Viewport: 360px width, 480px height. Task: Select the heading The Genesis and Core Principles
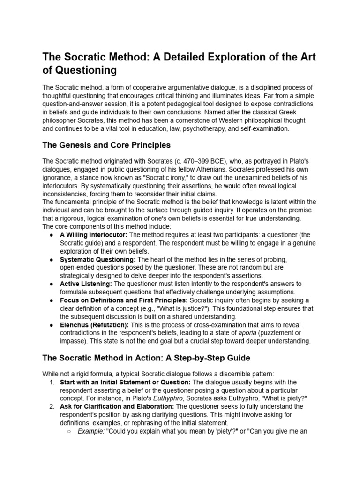(106, 144)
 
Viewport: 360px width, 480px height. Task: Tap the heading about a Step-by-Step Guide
(146, 358)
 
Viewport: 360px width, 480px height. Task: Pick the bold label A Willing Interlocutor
(94, 234)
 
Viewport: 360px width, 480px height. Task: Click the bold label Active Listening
(86, 284)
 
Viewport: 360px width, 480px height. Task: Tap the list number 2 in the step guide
(52, 407)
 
